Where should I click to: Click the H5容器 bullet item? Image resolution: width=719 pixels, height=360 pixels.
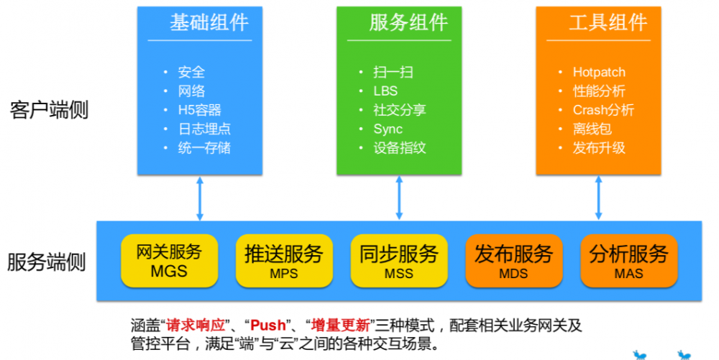(200, 110)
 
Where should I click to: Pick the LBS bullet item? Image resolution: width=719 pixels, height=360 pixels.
(385, 91)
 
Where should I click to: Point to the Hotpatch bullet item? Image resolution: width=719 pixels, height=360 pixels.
(599, 72)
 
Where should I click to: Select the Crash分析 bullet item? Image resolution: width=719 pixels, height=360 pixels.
(603, 110)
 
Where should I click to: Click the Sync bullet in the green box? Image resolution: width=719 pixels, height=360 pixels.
(388, 129)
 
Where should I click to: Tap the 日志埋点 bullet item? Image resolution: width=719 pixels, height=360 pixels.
(205, 129)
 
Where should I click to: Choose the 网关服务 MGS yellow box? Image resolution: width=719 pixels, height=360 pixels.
(169, 260)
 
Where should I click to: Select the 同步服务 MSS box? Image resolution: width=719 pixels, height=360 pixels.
(399, 260)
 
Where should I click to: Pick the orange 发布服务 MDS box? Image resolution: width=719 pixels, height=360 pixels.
(514, 260)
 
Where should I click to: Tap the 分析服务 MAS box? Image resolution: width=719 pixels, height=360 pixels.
(629, 260)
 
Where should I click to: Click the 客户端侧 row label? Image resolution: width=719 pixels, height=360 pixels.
(49, 110)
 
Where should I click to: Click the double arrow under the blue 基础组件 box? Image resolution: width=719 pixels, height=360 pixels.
(200, 198)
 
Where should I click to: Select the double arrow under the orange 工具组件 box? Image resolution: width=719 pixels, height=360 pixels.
(598, 198)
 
